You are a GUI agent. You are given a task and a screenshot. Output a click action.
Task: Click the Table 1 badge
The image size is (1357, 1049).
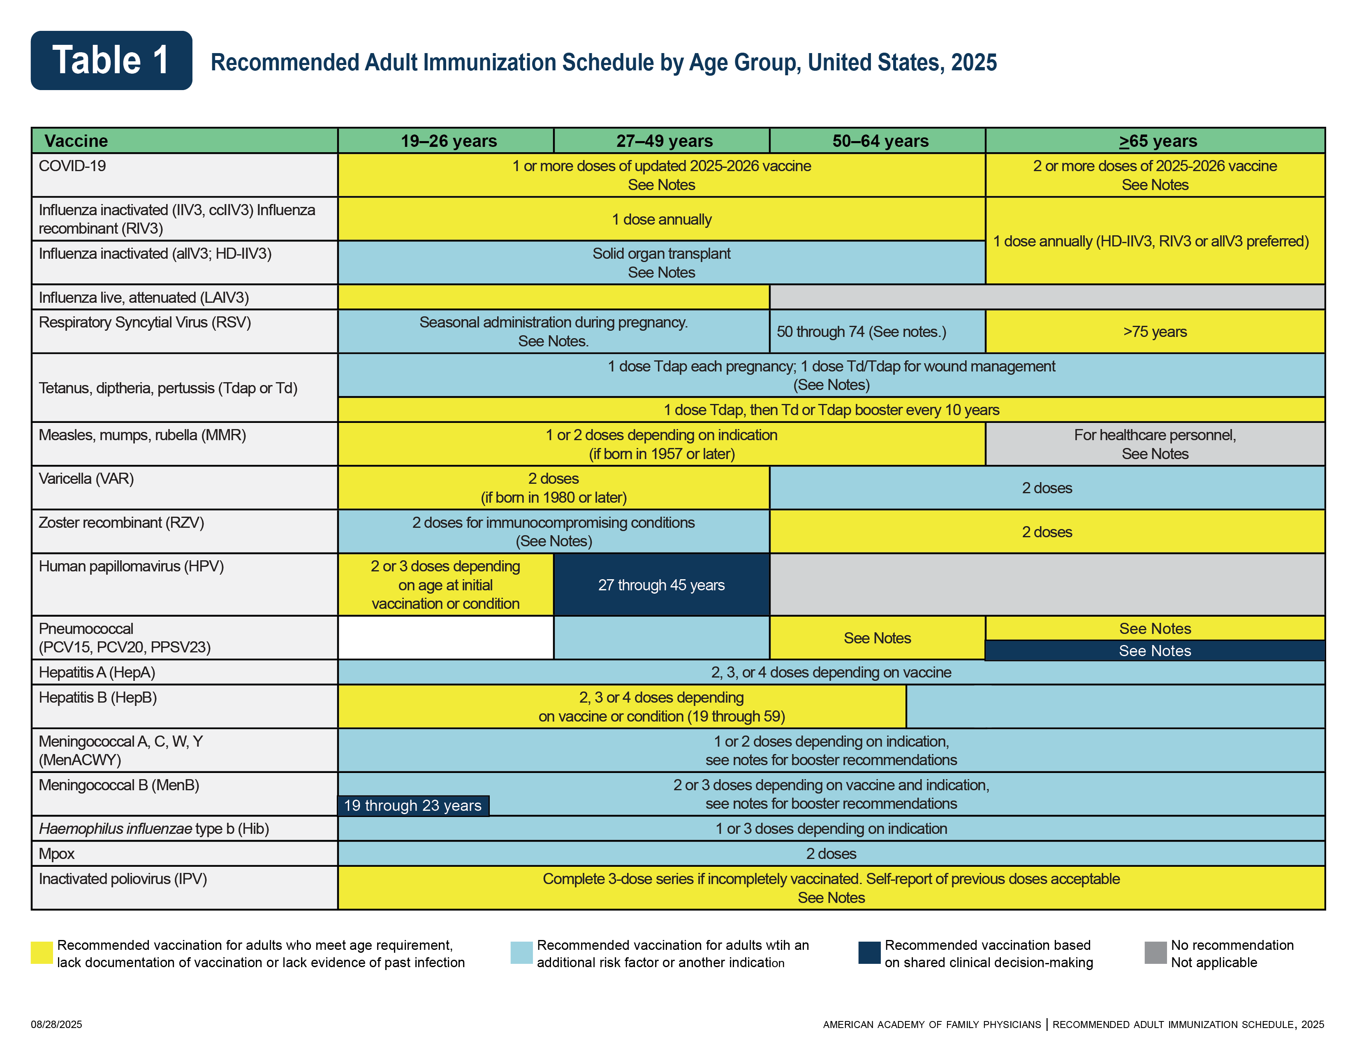111,60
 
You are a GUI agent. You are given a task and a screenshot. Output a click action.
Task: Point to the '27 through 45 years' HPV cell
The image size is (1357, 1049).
661,585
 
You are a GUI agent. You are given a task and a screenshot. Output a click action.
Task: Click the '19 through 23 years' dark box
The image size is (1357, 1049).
412,805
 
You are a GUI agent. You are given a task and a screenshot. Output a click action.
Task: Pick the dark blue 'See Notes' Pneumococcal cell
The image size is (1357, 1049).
1155,651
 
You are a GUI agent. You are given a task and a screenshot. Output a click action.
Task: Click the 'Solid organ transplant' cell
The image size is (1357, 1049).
661,262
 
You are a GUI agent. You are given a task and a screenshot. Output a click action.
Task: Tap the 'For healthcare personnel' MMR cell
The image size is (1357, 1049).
1155,444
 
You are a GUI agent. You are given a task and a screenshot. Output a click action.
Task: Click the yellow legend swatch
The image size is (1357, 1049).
42,953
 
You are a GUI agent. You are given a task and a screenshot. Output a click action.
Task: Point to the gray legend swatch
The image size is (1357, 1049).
1155,953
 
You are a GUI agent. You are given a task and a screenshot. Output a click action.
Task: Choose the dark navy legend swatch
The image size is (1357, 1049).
869,953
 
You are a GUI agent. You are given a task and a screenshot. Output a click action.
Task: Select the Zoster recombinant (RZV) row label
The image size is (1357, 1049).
121,522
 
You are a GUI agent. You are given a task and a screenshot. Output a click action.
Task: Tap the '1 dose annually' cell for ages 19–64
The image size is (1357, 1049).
661,219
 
